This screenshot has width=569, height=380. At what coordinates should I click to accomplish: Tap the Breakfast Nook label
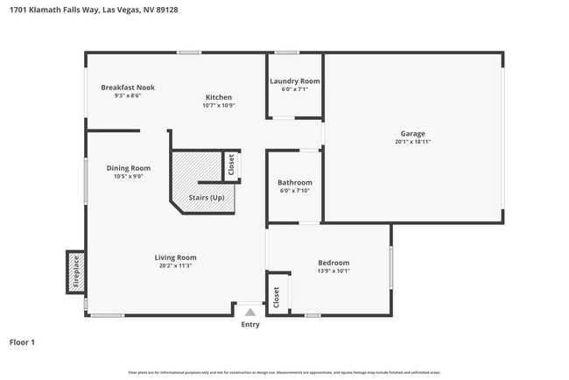click(x=127, y=88)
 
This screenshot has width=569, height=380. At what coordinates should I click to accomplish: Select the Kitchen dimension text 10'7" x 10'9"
click(x=219, y=105)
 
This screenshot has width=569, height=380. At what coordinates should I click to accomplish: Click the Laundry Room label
click(x=294, y=81)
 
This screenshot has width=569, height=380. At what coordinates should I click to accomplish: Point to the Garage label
click(x=413, y=133)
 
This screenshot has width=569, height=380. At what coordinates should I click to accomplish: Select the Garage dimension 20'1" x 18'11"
click(x=413, y=141)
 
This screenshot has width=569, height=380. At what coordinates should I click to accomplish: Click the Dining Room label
click(x=128, y=168)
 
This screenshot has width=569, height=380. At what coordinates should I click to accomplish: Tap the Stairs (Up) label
click(x=207, y=198)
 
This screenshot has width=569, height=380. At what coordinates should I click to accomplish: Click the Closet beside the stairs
click(x=231, y=166)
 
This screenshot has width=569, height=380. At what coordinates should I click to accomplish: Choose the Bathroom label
click(x=295, y=182)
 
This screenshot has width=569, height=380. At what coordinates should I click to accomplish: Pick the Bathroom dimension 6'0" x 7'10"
click(x=295, y=190)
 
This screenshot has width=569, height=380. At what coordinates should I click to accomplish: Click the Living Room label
click(x=175, y=257)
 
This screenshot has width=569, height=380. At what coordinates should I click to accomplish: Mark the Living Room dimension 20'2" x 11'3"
click(x=175, y=265)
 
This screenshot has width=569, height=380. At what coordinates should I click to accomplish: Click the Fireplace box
click(x=75, y=272)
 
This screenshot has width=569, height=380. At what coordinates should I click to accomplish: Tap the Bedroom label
click(x=334, y=263)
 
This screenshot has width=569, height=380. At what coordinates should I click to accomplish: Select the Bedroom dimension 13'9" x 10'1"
click(x=334, y=271)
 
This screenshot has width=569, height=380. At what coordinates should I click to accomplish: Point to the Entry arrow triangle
click(x=250, y=311)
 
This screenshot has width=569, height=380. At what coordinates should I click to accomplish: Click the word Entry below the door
click(x=250, y=325)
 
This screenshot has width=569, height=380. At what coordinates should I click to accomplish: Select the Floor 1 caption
click(x=22, y=342)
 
